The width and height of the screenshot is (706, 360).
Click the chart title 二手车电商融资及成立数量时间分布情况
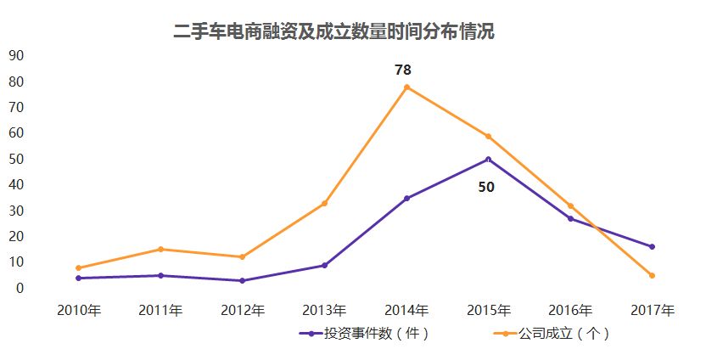click(x=334, y=32)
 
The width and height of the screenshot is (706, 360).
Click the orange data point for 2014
click(x=406, y=87)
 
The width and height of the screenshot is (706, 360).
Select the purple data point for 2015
click(x=488, y=159)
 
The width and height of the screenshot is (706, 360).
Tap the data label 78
click(x=402, y=70)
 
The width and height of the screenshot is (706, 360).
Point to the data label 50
click(x=486, y=187)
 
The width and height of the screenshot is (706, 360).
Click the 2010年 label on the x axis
click(x=79, y=310)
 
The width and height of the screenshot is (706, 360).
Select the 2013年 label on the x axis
click(x=324, y=310)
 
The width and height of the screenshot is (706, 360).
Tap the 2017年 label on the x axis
click(x=653, y=310)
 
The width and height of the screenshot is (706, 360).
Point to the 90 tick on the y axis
click(x=15, y=56)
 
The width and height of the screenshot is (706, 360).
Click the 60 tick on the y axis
click(x=15, y=133)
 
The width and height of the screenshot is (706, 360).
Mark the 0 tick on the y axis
click(x=19, y=289)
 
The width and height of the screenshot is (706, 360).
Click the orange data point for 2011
click(x=160, y=249)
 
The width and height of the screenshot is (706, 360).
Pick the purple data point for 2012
click(x=243, y=280)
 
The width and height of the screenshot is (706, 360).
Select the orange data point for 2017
click(x=652, y=275)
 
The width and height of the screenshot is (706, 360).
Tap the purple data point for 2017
click(x=652, y=247)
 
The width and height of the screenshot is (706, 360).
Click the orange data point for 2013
click(x=324, y=203)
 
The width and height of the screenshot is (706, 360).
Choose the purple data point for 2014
click(x=406, y=198)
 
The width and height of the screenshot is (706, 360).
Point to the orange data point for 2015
click(x=488, y=136)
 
